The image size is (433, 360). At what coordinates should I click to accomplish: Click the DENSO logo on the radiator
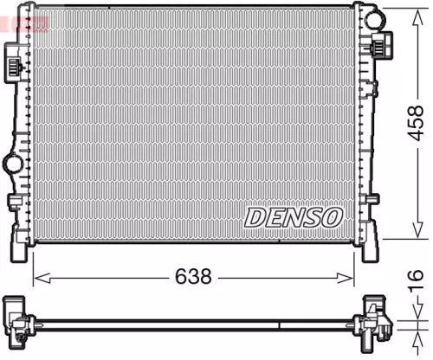[x=292, y=216]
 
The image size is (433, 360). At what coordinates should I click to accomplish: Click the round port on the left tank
[x=14, y=162]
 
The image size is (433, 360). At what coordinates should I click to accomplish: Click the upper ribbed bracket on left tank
[x=15, y=61]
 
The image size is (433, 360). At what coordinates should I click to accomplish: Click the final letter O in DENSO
[x=332, y=216]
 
